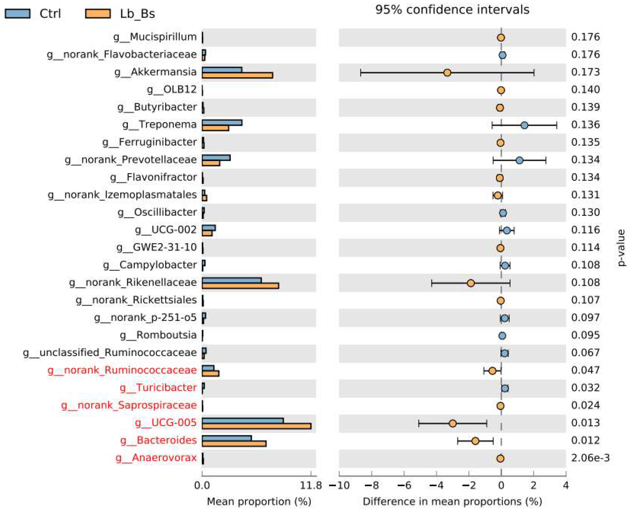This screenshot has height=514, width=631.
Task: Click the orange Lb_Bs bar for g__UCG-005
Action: [256, 426]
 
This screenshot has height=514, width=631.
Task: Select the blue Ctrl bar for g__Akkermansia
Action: [222, 70]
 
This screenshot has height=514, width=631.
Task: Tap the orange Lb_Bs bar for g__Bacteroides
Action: [234, 443]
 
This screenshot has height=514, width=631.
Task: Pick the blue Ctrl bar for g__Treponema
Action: [222, 123]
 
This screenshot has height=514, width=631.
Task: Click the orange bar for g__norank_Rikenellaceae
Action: [240, 285]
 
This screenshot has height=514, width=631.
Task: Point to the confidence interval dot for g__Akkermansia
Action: [447, 72]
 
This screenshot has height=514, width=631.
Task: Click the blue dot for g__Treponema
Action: [524, 125]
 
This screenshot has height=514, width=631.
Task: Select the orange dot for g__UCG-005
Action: [452, 423]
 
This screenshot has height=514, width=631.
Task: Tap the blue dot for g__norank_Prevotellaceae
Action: [519, 160]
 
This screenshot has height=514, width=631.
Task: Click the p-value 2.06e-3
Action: [590, 458]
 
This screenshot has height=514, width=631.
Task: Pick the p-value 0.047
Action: [585, 370]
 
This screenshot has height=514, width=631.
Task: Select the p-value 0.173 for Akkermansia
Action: [585, 72]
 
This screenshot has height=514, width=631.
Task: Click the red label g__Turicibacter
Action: [158, 388]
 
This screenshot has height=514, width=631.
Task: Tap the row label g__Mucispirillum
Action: [155, 37]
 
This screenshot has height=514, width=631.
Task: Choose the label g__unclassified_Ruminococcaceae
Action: [110, 353]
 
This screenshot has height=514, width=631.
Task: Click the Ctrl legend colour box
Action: [17, 14]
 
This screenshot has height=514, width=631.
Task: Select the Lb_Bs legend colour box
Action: [98, 14]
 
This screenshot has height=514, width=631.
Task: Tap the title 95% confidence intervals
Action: [452, 10]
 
